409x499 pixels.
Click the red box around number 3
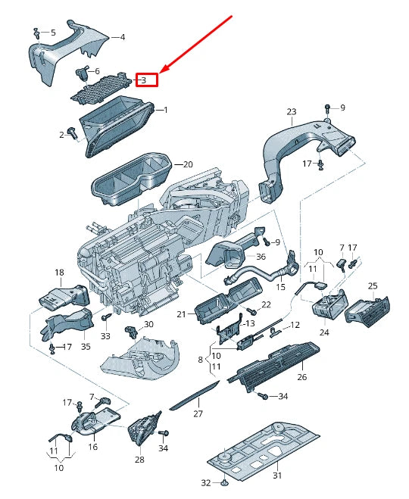146,80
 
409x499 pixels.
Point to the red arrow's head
162,73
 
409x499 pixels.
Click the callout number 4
123,36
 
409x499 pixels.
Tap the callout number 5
52,33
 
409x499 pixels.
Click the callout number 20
188,164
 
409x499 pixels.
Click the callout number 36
261,256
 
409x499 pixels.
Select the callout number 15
280,287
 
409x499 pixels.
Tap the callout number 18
59,272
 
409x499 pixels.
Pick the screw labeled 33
106,320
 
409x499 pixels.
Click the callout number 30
148,324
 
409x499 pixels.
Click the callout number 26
301,376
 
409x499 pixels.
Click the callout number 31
276,475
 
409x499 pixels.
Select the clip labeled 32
225,482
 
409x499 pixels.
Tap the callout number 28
139,460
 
